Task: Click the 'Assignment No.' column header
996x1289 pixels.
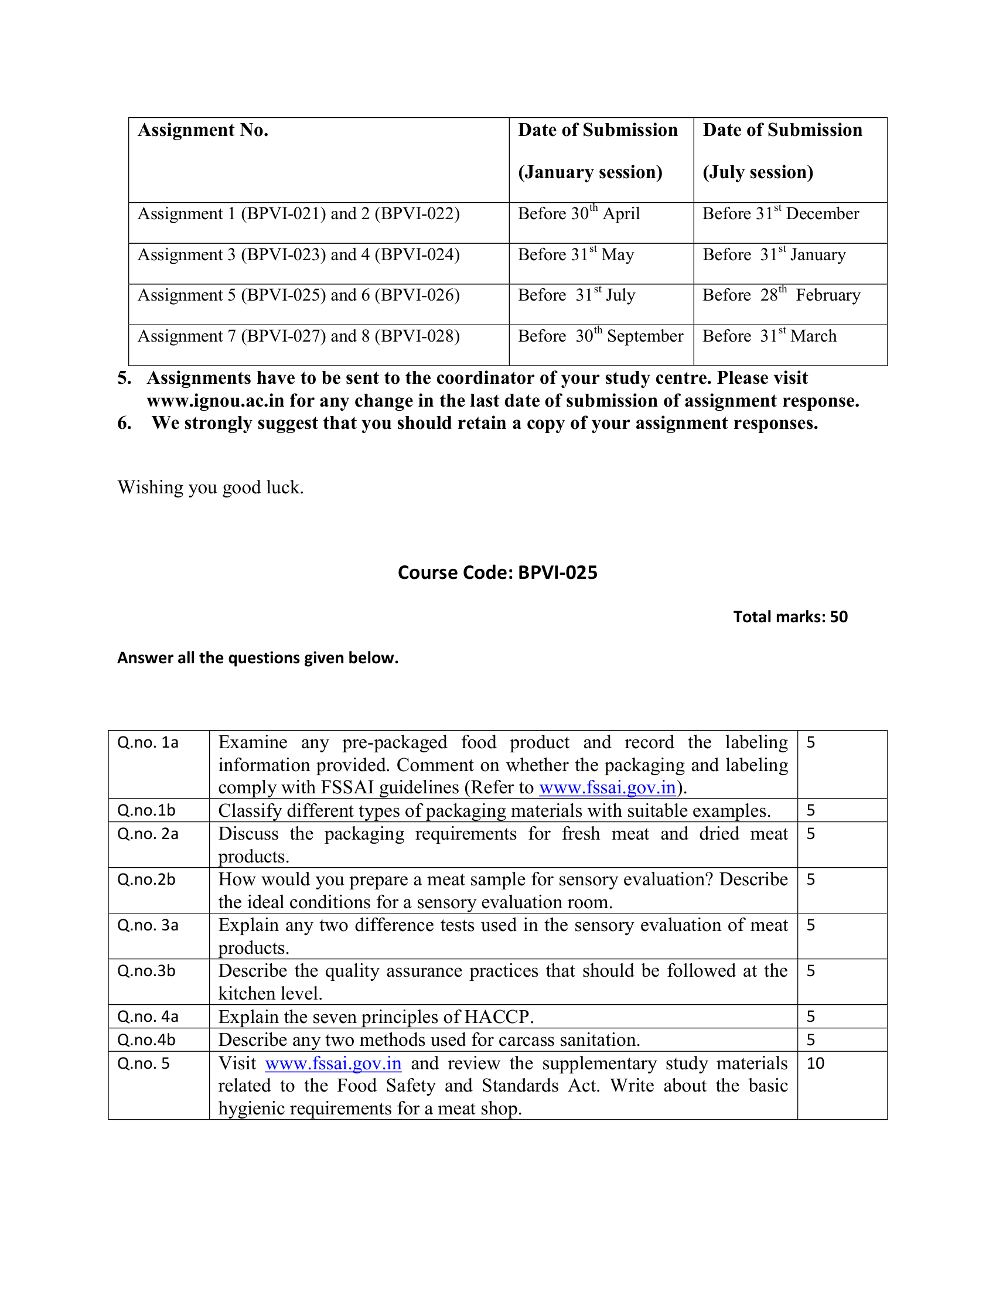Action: [203, 131]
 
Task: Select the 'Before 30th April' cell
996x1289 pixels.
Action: [578, 214]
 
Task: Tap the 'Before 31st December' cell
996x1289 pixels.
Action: [780, 214]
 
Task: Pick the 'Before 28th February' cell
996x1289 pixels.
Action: [780, 295]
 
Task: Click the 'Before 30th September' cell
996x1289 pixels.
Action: [600, 336]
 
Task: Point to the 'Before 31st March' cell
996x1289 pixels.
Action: [769, 336]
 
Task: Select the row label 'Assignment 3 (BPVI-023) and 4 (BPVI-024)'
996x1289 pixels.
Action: [299, 255]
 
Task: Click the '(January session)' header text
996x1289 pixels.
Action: [590, 172]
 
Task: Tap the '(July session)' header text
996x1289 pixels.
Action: [758, 172]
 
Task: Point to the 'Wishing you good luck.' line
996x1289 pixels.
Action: [211, 487]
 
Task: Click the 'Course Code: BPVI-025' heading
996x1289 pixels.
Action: [497, 572]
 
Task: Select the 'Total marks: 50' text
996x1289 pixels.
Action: [790, 617]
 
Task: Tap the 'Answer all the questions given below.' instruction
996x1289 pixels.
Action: [258, 658]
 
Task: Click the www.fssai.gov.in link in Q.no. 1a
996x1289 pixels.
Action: [607, 787]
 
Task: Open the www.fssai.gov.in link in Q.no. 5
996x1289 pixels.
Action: [333, 1063]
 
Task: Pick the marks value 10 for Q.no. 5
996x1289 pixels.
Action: [816, 1063]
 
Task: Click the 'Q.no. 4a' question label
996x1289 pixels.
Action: [148, 1017]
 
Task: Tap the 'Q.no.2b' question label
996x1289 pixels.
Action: [146, 879]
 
